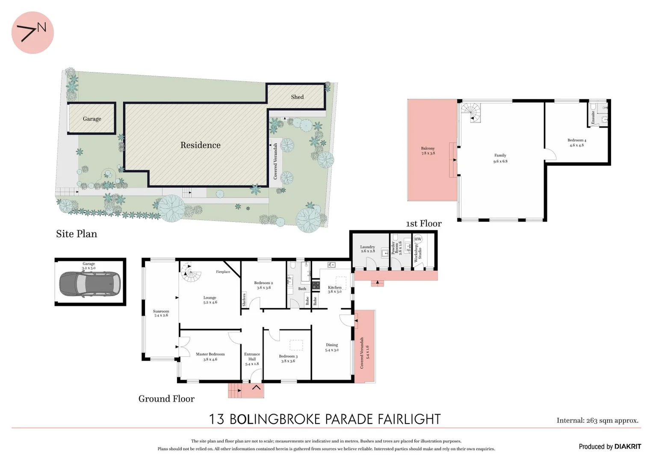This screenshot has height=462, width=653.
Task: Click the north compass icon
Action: click(x=32, y=33)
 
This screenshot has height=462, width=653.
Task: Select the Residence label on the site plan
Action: click(x=200, y=145)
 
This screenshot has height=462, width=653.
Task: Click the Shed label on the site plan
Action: click(x=297, y=97)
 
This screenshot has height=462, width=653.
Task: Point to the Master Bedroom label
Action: click(x=210, y=356)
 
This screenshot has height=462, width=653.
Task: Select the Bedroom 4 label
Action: click(x=576, y=142)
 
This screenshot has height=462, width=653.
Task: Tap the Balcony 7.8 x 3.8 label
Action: click(x=428, y=151)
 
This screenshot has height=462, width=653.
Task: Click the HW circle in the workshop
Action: click(x=418, y=239)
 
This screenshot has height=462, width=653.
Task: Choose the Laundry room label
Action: click(x=367, y=249)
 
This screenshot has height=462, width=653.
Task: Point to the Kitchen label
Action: click(x=334, y=289)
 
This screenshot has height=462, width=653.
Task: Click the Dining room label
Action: click(x=332, y=347)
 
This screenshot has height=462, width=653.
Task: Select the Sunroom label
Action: click(x=161, y=313)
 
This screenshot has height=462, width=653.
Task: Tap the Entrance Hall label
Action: click(x=252, y=359)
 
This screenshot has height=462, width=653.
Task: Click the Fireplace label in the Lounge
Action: click(x=223, y=272)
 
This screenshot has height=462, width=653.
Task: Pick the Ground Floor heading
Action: click(x=166, y=399)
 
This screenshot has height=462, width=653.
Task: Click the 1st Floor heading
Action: click(x=423, y=223)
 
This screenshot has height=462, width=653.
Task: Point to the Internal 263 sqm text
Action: click(x=597, y=421)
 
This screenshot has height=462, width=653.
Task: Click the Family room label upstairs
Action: click(x=500, y=158)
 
